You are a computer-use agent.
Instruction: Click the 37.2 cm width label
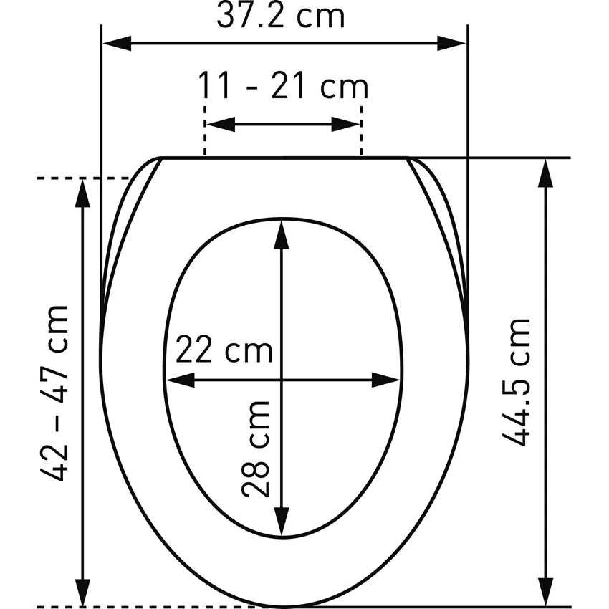click(x=281, y=16)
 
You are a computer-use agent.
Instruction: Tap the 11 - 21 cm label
click(x=283, y=85)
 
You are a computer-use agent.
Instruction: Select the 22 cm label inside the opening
click(x=224, y=349)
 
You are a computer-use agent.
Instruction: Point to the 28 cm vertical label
click(x=256, y=449)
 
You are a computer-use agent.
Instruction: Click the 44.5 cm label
click(x=516, y=382)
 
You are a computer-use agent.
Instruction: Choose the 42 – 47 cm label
click(x=54, y=393)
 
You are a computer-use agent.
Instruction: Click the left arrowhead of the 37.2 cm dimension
click(x=117, y=43)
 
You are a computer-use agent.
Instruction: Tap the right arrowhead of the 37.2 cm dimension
click(x=451, y=43)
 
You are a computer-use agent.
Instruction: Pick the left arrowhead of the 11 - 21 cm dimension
click(x=221, y=124)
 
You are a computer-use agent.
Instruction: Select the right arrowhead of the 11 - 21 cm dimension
click(x=345, y=124)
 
